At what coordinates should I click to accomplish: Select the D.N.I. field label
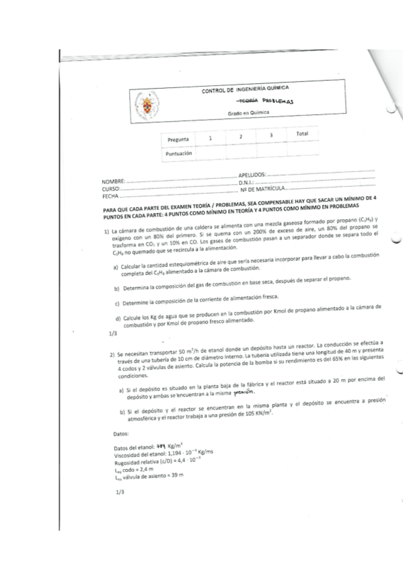pyautogui.click(x=248, y=181)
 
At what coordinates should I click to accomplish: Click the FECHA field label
pyautogui.click(x=110, y=196)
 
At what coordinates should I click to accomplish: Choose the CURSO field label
pyautogui.click(x=111, y=189)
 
